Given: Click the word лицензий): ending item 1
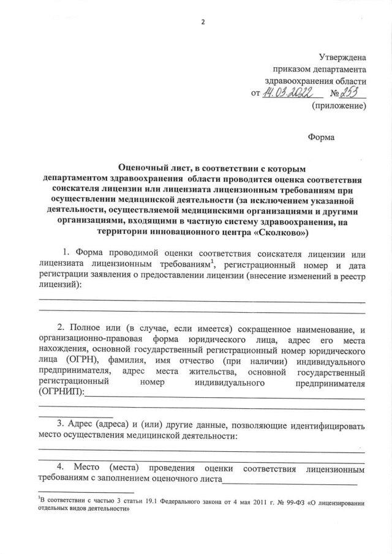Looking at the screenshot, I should tap(59, 285).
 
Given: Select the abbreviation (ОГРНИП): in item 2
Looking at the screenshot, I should tap(61, 394).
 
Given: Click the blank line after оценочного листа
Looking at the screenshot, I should tap(290, 482).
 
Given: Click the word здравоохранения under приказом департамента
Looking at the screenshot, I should tap(315, 80).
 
